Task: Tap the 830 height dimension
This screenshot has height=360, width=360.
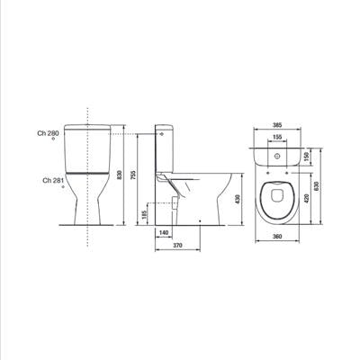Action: coord(120,175)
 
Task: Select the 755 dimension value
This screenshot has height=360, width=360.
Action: coord(133,175)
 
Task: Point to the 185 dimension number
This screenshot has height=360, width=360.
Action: coord(144,214)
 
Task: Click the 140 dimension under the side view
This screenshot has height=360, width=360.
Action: coord(164,232)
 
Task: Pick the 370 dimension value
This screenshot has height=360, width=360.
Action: coord(177,246)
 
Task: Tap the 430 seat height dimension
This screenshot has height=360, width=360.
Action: coord(238,199)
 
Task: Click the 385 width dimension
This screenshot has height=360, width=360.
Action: coord(277,125)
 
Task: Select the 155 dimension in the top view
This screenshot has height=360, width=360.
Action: coord(277,137)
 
